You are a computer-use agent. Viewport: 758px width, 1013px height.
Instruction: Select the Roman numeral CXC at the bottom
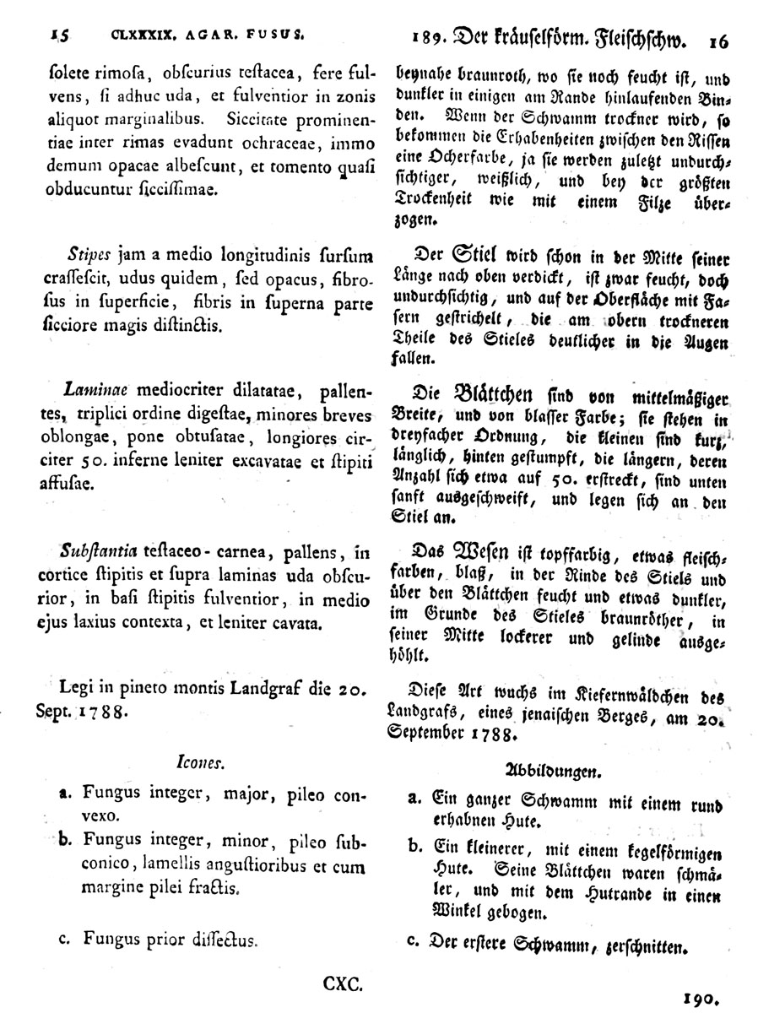(343, 983)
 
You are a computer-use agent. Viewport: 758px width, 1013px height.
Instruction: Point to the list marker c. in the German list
(413, 941)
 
